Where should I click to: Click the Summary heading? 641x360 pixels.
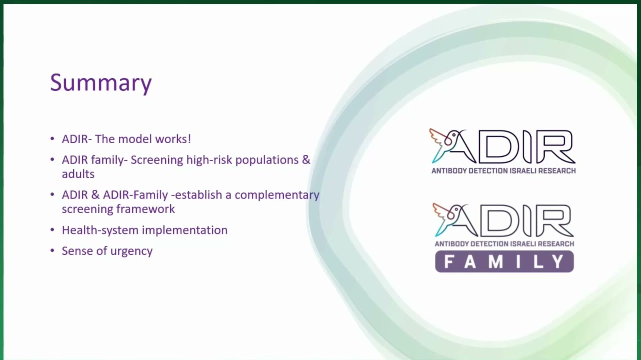[100, 83]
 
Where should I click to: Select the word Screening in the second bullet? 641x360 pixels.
[157, 160]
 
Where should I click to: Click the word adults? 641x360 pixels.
[78, 174]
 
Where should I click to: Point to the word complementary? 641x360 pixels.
[277, 195]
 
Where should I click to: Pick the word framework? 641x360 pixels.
[145, 209]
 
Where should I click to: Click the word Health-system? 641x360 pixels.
[100, 230]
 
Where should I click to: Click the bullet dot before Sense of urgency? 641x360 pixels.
[52, 250]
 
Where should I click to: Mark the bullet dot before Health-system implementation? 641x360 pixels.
[52, 229]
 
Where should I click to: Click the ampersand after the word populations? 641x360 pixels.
[306, 160]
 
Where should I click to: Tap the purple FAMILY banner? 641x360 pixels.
[504, 261]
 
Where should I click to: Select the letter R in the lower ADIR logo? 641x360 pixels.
[553, 221]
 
